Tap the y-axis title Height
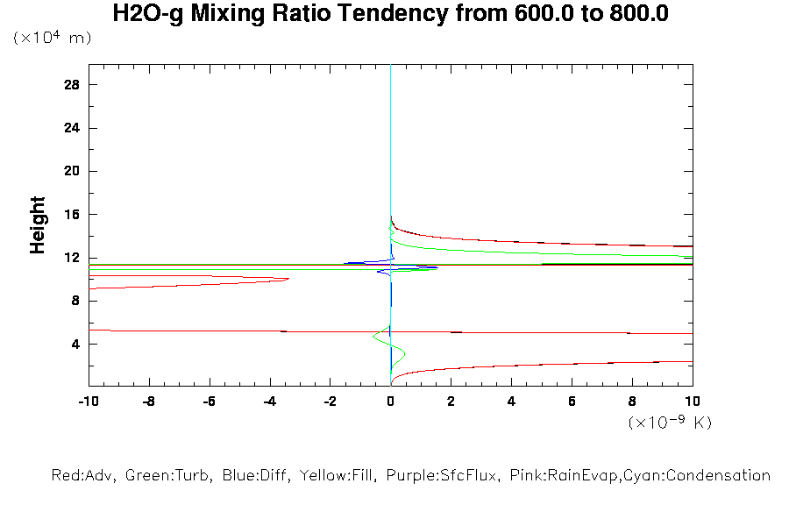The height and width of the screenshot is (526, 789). [x=38, y=225]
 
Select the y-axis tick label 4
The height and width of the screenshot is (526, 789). [x=76, y=345]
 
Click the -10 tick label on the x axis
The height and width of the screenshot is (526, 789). [x=88, y=402]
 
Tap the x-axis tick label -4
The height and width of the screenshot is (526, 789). [x=269, y=402]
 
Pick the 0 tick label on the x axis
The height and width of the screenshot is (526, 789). [x=391, y=402]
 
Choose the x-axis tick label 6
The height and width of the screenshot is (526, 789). [x=572, y=402]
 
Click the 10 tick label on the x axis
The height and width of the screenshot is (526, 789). [x=693, y=402]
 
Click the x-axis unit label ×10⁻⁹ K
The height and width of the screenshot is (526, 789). [x=670, y=423]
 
